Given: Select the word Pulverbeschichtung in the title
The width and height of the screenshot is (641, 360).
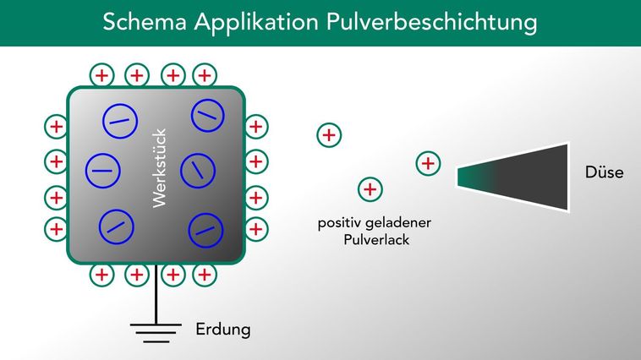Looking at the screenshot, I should pyautogui.click(x=431, y=23).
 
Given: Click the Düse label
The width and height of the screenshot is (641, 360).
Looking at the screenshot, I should pyautogui.click(x=604, y=172).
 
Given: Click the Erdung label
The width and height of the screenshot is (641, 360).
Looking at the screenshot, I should pyautogui.click(x=223, y=329).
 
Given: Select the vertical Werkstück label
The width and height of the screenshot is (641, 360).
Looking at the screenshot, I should pyautogui.click(x=160, y=168).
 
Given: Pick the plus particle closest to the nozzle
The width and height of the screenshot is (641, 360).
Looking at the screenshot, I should pyautogui.click(x=429, y=162).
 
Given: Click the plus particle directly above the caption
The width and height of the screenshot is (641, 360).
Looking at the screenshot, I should pyautogui.click(x=369, y=189).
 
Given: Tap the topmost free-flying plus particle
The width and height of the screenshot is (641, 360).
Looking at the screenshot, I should pyautogui.click(x=328, y=134).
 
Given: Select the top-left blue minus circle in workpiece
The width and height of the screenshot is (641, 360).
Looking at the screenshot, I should pyautogui.click(x=119, y=123).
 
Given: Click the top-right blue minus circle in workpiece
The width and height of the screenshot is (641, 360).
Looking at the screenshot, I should pyautogui.click(x=207, y=116).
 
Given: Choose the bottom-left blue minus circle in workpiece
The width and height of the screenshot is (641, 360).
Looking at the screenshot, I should pyautogui.click(x=117, y=226).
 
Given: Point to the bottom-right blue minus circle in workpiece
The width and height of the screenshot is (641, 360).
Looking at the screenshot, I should pyautogui.click(x=205, y=229).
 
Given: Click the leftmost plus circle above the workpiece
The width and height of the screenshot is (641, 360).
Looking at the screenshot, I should pyautogui.click(x=101, y=74).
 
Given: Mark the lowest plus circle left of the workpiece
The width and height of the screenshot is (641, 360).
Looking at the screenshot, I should pyautogui.click(x=56, y=228).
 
